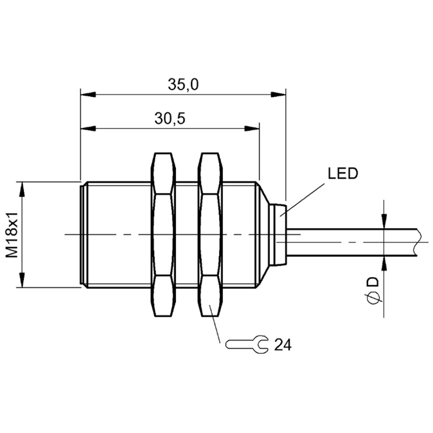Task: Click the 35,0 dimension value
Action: [x=183, y=84]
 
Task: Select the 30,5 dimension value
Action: [x=169, y=119]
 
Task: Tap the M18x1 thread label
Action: [x=12, y=235]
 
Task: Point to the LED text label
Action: [x=343, y=173]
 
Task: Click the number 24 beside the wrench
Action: [x=283, y=345]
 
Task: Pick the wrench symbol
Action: [x=247, y=344]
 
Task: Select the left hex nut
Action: [x=163, y=235]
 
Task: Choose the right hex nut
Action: [x=210, y=235]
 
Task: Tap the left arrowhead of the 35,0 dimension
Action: [x=88, y=94]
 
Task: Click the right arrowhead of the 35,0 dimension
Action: [x=278, y=94]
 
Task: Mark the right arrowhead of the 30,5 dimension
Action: [x=252, y=128]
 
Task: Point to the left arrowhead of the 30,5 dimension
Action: [x=88, y=128]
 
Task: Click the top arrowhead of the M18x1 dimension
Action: [x=22, y=189]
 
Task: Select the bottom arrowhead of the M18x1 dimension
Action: [x=22, y=280]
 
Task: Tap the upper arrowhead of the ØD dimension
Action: [x=384, y=221]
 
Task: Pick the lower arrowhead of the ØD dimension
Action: [x=384, y=264]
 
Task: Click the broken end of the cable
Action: [x=419, y=242]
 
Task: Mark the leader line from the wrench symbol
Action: [x=214, y=324]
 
